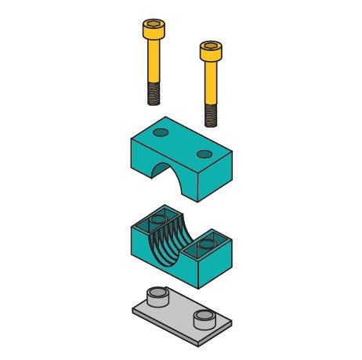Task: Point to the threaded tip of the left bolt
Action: coord(154,95)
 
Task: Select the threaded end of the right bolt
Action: coord(211,116)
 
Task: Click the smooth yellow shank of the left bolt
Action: coord(154,63)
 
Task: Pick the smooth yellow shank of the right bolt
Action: coord(211,82)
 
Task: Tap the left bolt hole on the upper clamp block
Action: coord(161,131)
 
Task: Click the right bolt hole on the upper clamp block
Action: coord(205,153)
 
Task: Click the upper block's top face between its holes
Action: coord(183,142)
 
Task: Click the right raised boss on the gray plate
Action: coord(205,316)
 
